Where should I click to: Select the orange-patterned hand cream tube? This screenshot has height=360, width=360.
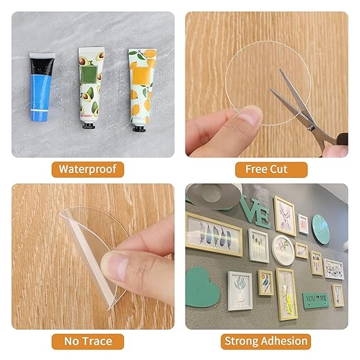click(139, 83)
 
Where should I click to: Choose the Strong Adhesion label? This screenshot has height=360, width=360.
click(266, 341)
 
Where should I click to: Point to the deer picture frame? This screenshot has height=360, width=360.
click(284, 216)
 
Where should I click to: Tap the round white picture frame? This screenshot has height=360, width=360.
click(283, 250)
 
